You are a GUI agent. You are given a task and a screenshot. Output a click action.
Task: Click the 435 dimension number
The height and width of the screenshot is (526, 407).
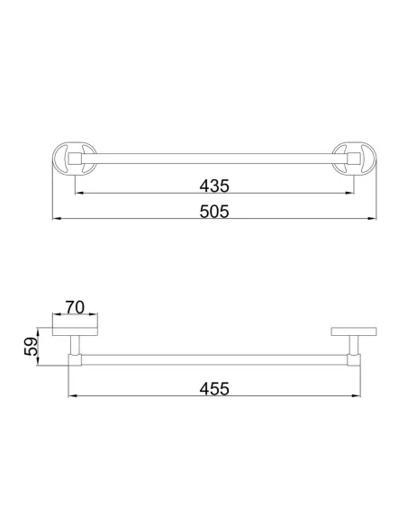214,186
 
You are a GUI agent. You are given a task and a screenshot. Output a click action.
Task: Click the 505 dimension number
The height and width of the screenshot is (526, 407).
214,212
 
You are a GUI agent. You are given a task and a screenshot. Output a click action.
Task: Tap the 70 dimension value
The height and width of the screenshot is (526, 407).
75,307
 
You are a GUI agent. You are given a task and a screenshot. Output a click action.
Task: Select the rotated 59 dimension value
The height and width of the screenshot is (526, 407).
31,347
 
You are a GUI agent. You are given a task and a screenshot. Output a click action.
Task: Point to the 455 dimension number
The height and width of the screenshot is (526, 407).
214,389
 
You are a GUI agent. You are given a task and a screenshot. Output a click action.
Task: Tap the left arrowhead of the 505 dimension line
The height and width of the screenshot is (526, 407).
57,218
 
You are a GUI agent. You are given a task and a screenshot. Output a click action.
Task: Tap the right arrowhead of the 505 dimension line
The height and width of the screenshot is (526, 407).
372,218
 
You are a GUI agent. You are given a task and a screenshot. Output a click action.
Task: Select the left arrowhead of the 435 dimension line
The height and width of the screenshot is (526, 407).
79,193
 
